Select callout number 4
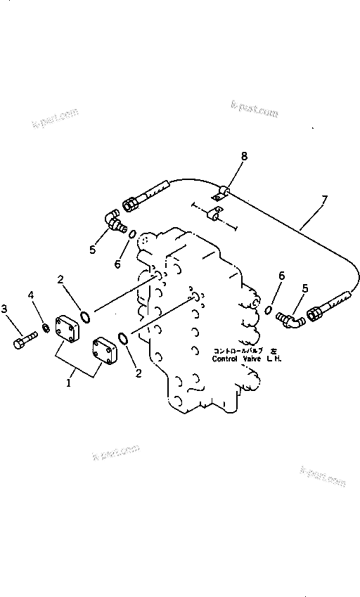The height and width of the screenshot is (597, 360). click(x=30, y=294)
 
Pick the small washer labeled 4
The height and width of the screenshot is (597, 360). click(x=46, y=328)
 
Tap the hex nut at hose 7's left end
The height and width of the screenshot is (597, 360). click(x=131, y=204)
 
